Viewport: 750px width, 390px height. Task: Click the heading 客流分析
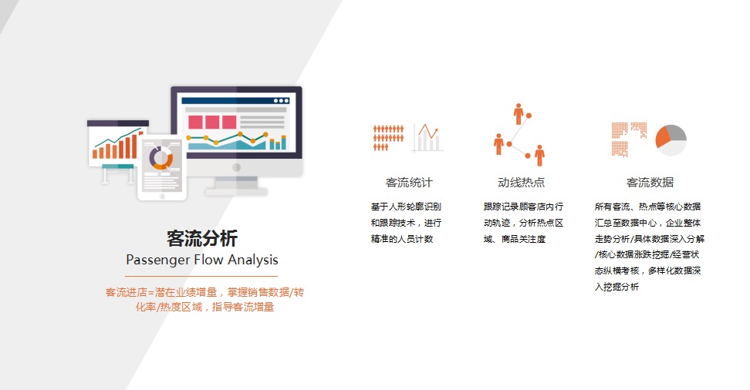202,238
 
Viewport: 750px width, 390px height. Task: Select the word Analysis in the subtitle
253,260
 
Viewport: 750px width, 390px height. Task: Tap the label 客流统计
409,183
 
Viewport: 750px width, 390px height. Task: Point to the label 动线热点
522,183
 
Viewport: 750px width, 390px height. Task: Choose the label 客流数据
650,183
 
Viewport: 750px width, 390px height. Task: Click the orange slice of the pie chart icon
663,138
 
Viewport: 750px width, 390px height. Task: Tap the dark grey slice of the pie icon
677,132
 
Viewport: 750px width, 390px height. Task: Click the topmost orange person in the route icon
518,114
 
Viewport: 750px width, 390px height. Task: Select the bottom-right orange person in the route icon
539,156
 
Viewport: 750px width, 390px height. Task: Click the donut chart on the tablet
160,158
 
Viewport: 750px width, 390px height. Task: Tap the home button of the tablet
162,196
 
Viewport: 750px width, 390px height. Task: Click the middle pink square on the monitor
212,122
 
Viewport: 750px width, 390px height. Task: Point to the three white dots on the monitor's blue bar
281,101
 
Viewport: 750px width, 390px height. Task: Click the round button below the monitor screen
236,167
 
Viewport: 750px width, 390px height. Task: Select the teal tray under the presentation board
118,166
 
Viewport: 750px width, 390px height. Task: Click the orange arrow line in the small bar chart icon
428,131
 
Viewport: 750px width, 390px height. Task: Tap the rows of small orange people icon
388,138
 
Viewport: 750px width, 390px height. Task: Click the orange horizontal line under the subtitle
201,276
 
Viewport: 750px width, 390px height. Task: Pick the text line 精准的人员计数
402,239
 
